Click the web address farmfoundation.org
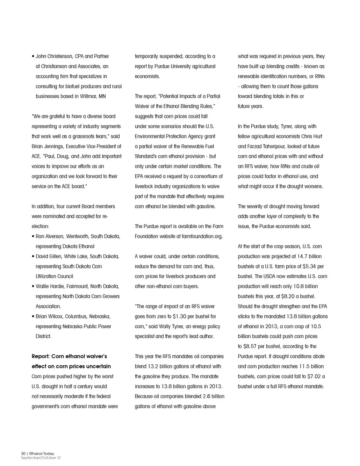pos(202,236)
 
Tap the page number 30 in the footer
pos(23,454)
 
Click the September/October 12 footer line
pos(40,458)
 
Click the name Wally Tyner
pos(177,326)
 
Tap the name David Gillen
pos(49,256)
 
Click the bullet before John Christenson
pos(33,57)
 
